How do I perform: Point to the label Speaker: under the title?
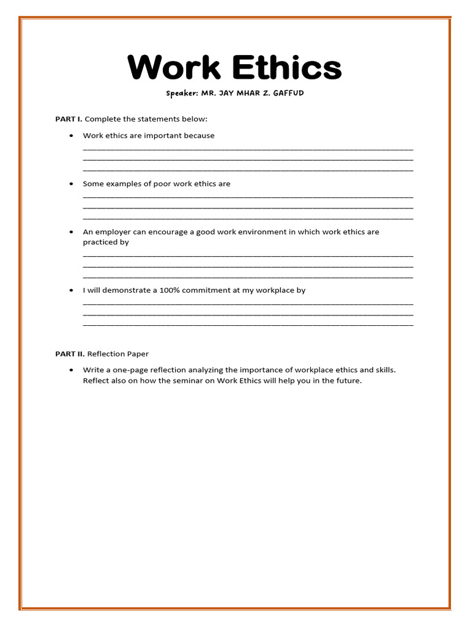[182, 94]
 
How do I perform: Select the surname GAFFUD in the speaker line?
[283, 94]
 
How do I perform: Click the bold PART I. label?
[69, 119]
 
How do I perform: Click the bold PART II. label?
[70, 354]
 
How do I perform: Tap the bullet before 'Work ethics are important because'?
[72, 136]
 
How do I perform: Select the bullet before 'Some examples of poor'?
[72, 184]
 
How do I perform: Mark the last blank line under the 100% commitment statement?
[248, 325]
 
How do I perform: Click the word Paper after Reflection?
[138, 354]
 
